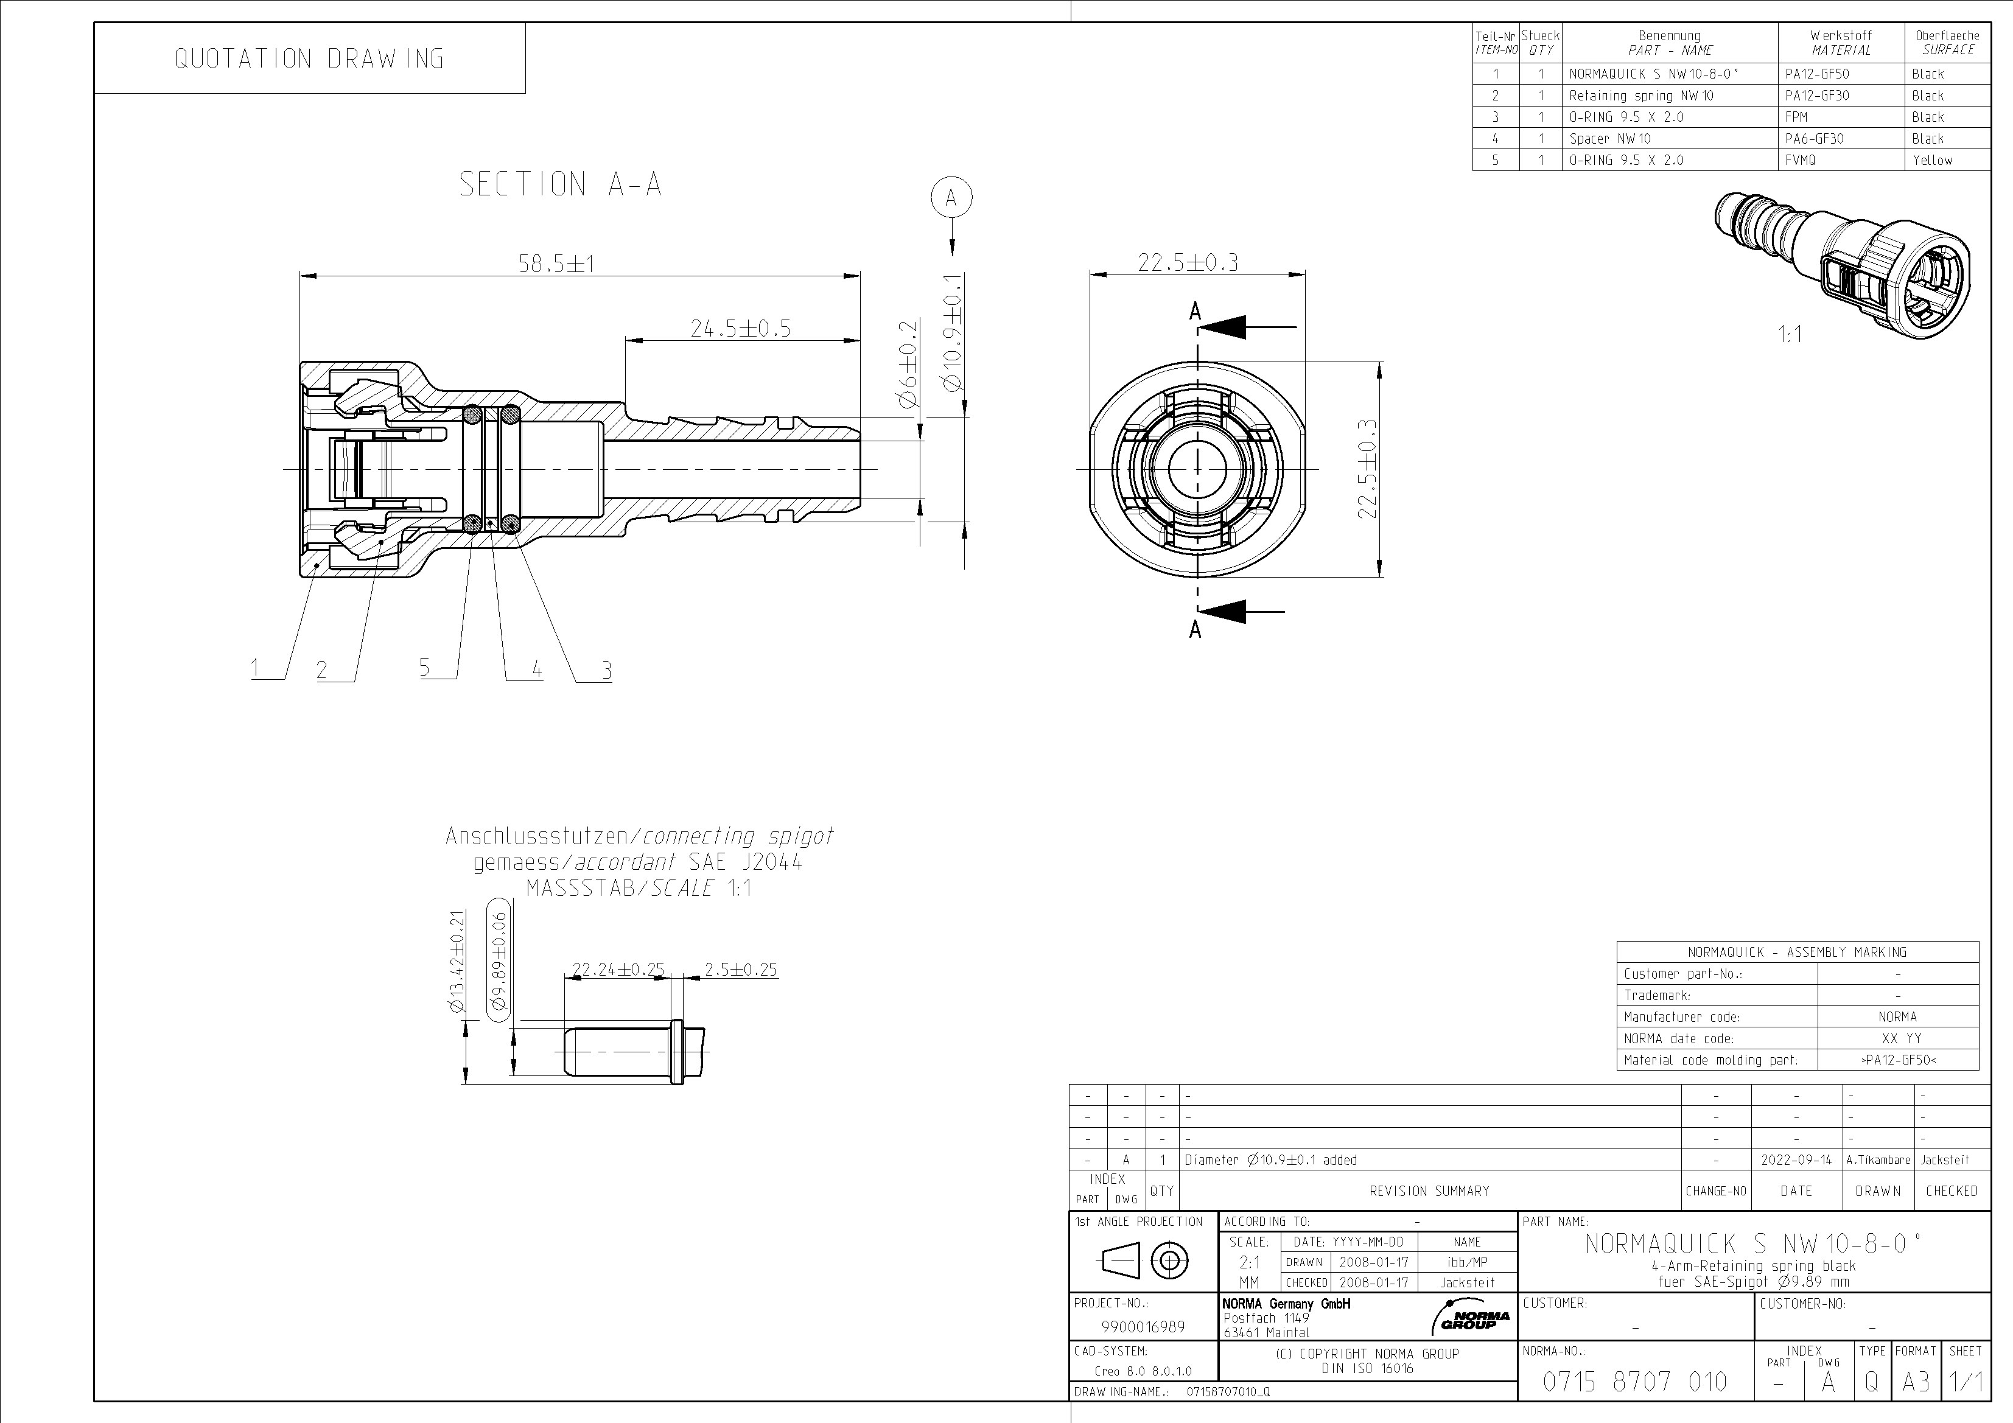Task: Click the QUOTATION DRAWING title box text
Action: [309, 59]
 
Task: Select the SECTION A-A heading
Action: [560, 184]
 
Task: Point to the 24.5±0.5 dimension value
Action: [740, 328]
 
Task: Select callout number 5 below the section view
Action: [424, 667]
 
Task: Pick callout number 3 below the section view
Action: [606, 671]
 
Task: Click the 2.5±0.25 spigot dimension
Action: [741, 970]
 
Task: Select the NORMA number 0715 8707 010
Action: [1634, 1382]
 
